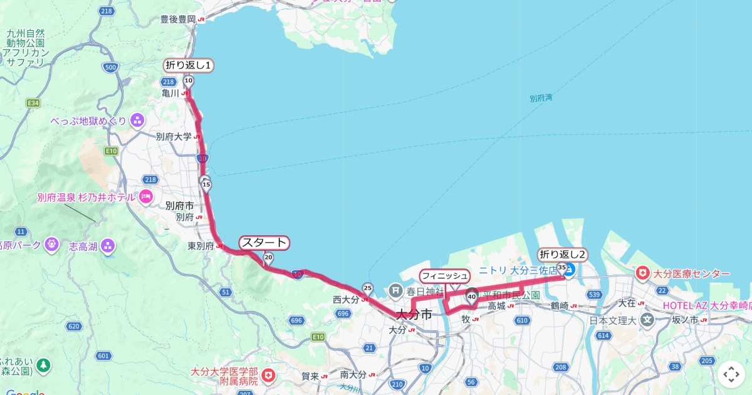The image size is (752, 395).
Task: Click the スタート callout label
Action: tap(264, 243)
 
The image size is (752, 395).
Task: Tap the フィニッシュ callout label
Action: tap(444, 275)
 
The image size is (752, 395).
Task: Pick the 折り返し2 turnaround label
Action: tap(562, 255)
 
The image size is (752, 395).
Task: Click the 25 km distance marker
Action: tap(368, 289)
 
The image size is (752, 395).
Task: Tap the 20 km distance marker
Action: tap(268, 258)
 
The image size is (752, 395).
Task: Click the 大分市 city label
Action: tap(414, 315)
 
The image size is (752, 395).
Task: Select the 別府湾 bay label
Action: tap(540, 98)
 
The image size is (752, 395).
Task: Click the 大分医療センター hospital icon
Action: tap(642, 274)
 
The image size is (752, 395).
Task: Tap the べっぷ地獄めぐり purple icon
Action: tap(137, 120)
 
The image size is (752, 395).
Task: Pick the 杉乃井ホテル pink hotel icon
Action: tap(147, 197)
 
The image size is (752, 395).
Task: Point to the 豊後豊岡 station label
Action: tap(178, 19)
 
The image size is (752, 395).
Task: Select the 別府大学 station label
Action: tap(174, 136)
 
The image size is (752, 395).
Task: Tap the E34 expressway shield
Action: tap(33, 102)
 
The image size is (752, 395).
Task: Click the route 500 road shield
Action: tap(111, 68)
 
